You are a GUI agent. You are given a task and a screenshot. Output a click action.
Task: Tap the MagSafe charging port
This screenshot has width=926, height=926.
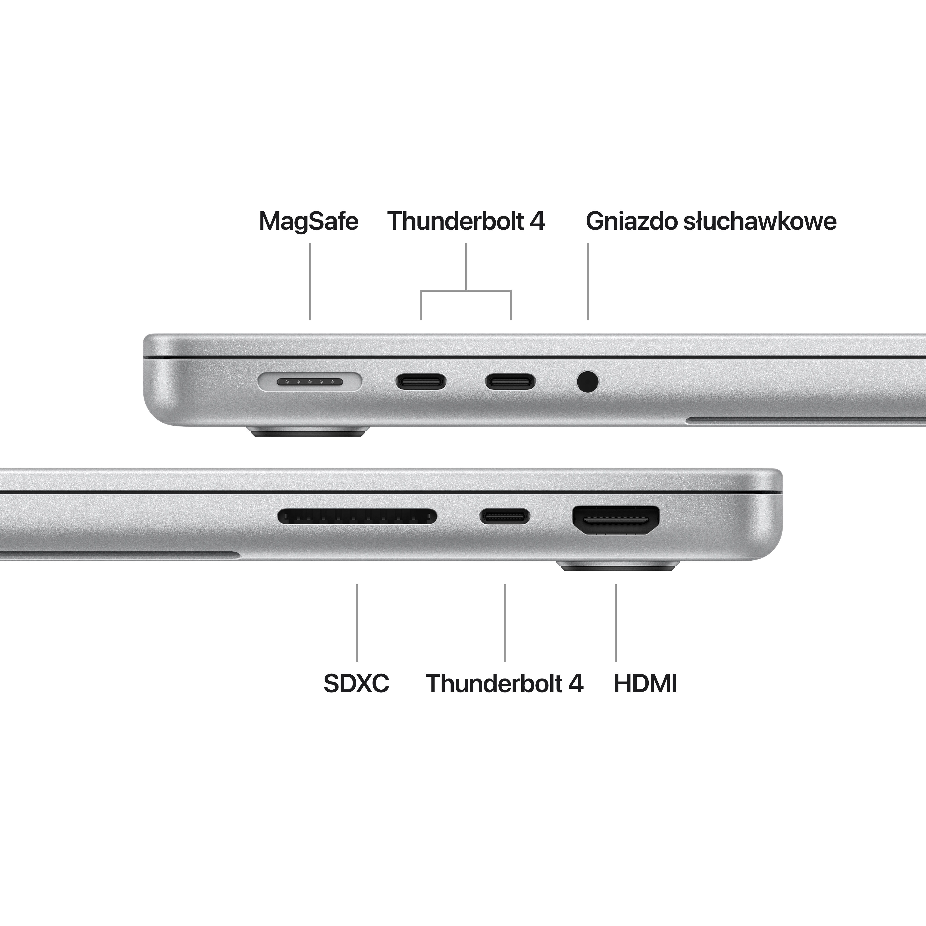(x=310, y=382)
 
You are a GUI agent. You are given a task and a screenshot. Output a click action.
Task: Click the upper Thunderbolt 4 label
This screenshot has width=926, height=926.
(x=466, y=222)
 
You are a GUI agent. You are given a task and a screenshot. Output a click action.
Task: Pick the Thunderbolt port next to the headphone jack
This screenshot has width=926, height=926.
(x=510, y=382)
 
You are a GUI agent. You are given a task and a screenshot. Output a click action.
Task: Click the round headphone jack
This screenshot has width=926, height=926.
(x=588, y=382)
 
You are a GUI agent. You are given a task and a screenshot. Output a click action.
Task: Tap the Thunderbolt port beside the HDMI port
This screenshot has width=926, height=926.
(x=505, y=516)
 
